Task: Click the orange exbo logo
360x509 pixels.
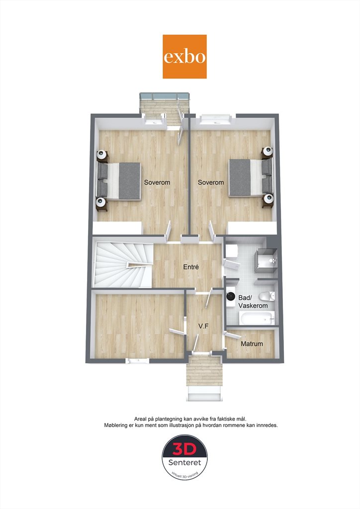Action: [x=184, y=57]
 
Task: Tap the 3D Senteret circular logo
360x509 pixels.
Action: [x=184, y=457]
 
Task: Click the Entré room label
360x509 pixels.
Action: [x=191, y=267]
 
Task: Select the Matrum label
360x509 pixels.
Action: [x=252, y=344]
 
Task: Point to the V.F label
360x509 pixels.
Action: [x=203, y=326]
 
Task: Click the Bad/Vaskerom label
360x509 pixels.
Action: [x=253, y=302]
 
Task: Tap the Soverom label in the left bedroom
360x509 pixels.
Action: [x=157, y=182]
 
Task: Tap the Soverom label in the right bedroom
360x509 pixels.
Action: [x=211, y=182]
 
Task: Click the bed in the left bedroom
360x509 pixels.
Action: [x=119, y=181]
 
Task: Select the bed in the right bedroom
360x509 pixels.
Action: [x=250, y=177]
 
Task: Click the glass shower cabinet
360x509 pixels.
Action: [x=266, y=260]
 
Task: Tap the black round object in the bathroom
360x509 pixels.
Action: [x=231, y=296]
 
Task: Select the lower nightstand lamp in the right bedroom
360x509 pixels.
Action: [x=268, y=197]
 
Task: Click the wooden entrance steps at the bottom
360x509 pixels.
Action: [x=204, y=370]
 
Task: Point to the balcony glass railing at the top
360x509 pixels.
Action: [x=164, y=96]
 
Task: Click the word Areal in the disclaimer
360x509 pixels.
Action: [x=141, y=419]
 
